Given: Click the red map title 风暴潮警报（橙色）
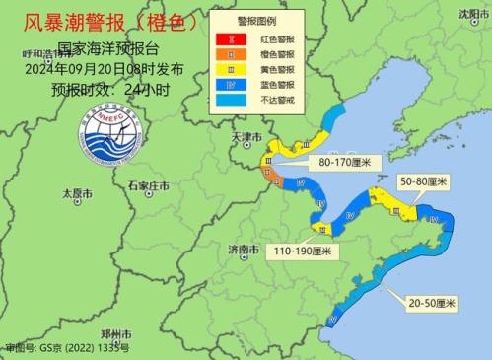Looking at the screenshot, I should click(105, 21).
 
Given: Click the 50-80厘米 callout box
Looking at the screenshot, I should click(423, 182).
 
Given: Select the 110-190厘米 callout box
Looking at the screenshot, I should click(307, 252).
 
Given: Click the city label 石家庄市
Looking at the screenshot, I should click(148, 185).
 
